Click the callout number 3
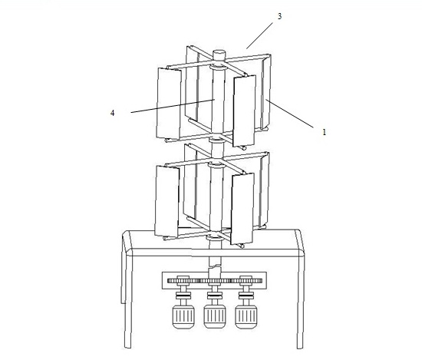coord(279,16)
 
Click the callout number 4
coord(113,113)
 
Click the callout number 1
coord(325,132)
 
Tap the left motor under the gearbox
coord(183,317)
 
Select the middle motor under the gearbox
coord(215,317)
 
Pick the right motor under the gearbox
coord(246,317)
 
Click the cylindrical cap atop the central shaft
coord(219,54)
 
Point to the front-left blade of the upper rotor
coord(169,104)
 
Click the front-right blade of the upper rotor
coord(244,111)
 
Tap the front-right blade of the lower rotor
coord(242,209)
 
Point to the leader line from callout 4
coord(173,106)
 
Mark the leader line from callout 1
coord(289,113)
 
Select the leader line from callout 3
coord(259,35)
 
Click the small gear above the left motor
coord(183,280)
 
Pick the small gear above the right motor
coord(246,280)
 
